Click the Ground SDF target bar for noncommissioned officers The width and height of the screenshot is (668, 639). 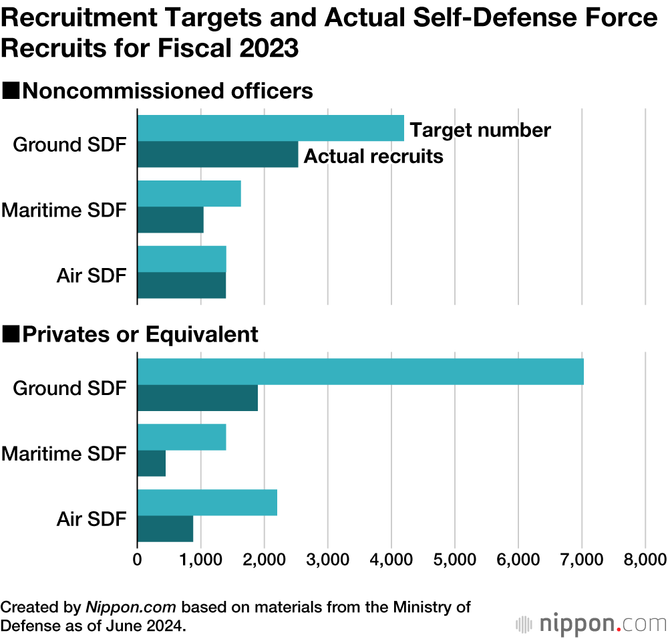[271, 128]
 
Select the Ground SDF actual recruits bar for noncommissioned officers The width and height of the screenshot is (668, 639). [218, 154]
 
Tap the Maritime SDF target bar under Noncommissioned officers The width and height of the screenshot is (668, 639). [189, 194]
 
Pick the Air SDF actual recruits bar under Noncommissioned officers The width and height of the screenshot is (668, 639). [182, 285]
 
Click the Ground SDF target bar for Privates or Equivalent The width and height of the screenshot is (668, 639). [361, 372]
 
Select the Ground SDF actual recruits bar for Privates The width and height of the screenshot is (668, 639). [198, 398]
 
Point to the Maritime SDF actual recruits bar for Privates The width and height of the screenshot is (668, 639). [152, 463]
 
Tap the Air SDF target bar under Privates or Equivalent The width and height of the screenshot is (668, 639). [207, 503]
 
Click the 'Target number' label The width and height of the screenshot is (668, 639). [480, 130]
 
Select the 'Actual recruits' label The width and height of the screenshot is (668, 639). [373, 156]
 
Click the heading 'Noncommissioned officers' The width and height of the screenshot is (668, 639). [167, 91]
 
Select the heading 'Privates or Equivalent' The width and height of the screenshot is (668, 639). [140, 334]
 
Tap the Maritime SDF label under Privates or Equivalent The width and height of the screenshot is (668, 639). [63, 454]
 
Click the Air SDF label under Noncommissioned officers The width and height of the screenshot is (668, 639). [92, 275]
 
